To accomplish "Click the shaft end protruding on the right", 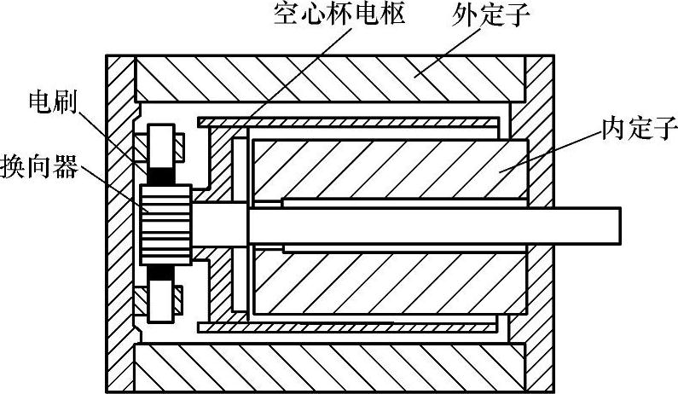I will (x=588, y=223).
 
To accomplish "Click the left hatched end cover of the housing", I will (x=120, y=223).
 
